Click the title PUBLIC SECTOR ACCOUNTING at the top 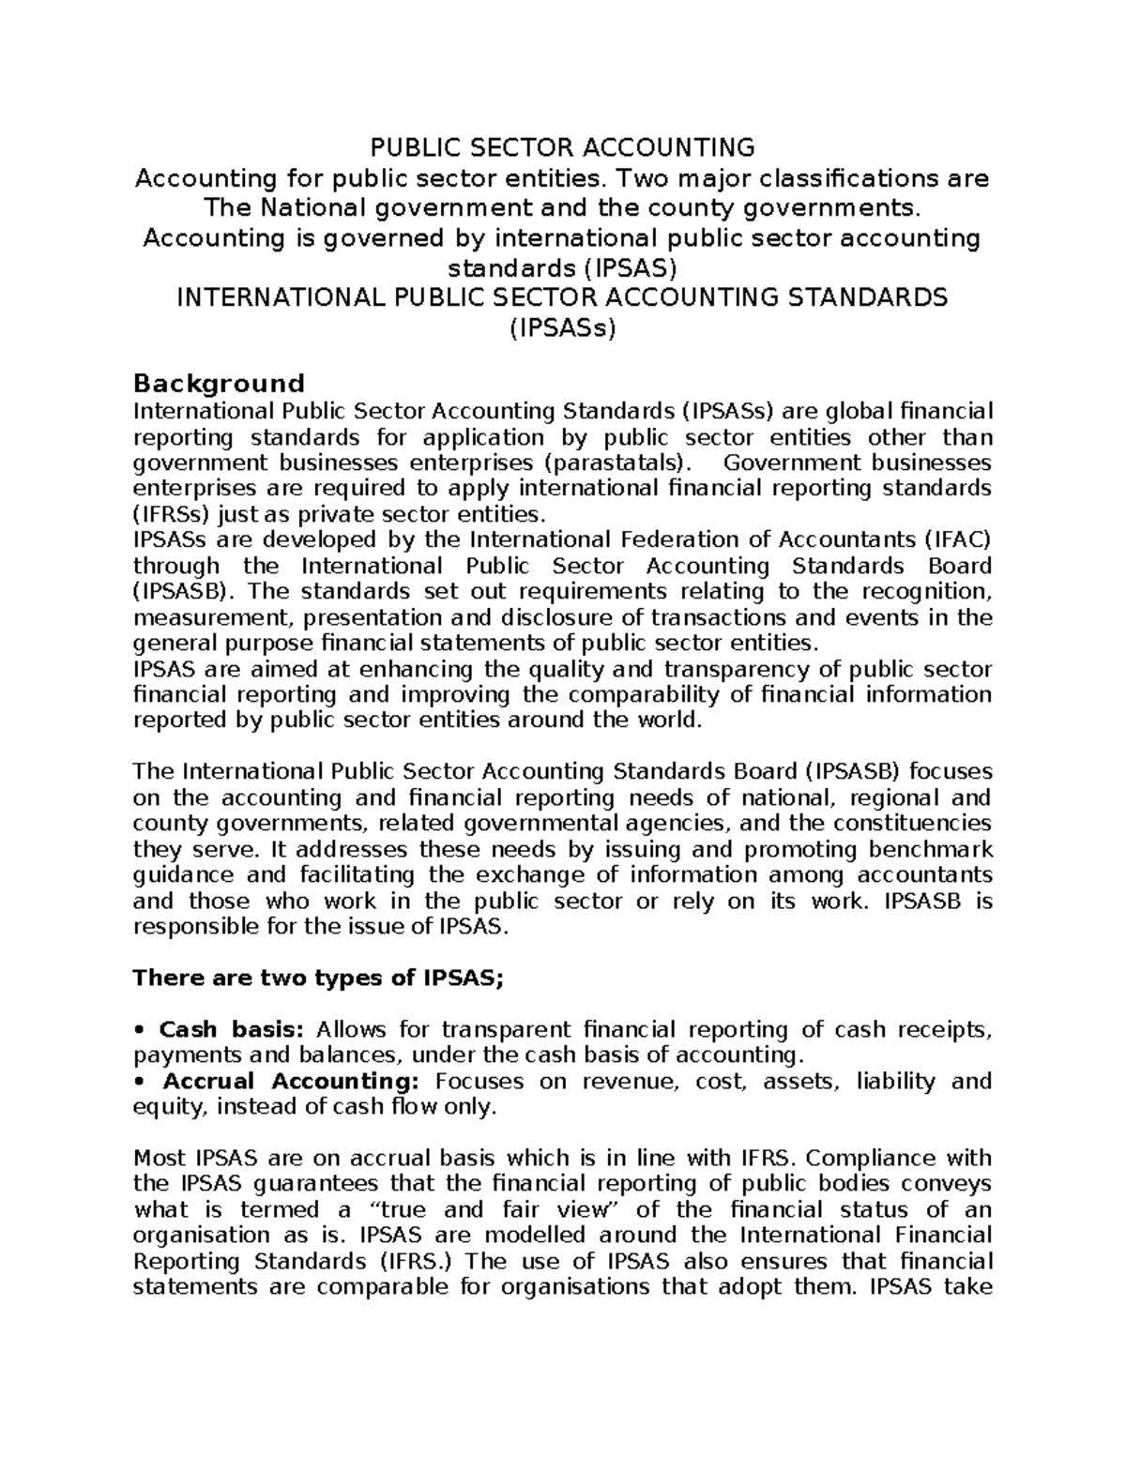point(562,147)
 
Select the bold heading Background point(219,383)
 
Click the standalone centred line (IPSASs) point(562,328)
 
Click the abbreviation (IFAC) point(957,539)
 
